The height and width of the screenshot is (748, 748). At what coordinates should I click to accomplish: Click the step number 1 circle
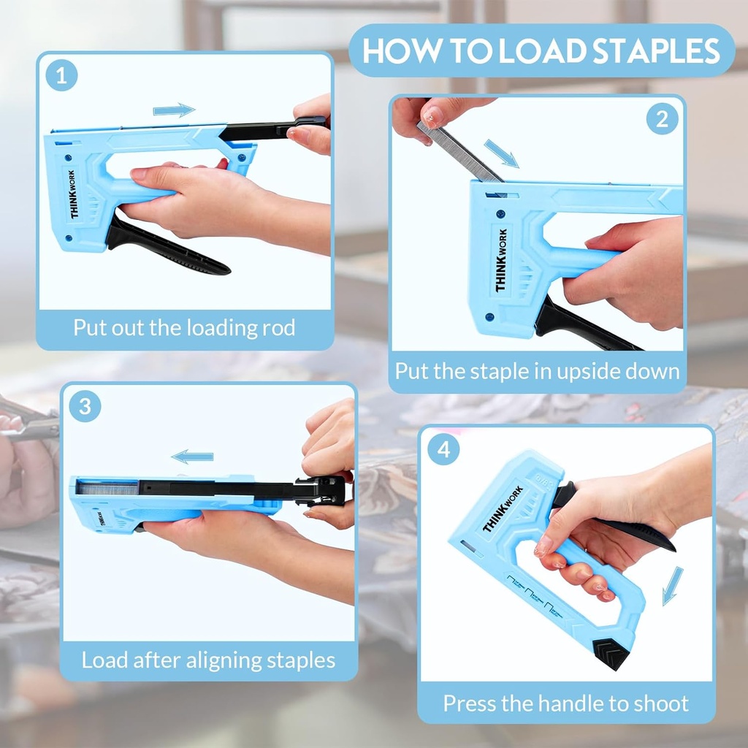61,76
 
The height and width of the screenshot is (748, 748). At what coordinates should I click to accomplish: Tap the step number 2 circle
662,118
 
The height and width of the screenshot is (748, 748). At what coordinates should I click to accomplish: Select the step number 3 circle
85,406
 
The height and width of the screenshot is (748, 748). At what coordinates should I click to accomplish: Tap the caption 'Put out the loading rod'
184,327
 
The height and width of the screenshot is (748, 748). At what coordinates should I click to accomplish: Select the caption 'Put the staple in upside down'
537,371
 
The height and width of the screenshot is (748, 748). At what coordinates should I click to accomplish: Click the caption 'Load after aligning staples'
208,660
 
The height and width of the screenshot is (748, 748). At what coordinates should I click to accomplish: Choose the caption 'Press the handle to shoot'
565,703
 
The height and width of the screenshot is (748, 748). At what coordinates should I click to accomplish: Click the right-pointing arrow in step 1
174,110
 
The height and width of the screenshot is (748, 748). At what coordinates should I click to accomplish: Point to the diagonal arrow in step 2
501,154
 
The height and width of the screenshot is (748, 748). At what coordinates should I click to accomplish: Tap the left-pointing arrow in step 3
193,457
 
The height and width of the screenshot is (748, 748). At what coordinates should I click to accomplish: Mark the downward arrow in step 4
672,585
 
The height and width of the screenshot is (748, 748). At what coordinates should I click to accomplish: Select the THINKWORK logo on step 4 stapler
503,508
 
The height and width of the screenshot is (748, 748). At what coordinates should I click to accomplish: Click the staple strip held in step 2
459,152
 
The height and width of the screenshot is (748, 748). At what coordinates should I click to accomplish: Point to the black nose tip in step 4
611,652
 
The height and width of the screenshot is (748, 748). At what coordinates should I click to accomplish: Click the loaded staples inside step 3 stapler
107,487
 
